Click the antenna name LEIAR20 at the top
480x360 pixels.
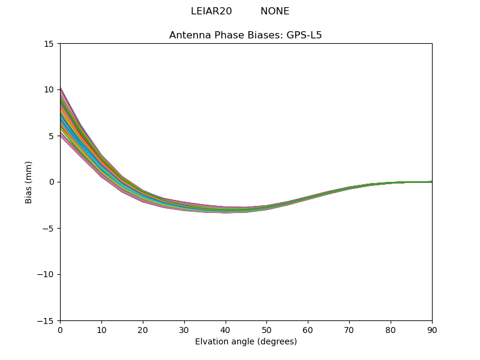pyautogui.click(x=211, y=11)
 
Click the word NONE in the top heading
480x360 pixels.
pyautogui.click(x=275, y=11)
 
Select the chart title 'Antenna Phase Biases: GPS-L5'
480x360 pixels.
pyautogui.click(x=245, y=35)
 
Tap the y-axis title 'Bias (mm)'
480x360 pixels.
pyautogui.click(x=29, y=182)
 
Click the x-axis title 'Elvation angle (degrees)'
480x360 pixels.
pyautogui.click(x=245, y=341)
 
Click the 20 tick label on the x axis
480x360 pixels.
pyautogui.click(x=143, y=329)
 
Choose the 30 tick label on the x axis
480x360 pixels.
pyautogui.click(x=184, y=329)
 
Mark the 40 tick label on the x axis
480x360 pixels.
pyautogui.click(x=225, y=329)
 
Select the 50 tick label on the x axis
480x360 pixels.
pyautogui.click(x=266, y=329)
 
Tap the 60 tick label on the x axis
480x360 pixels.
pyautogui.click(x=308, y=329)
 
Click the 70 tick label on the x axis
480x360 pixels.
pyautogui.click(x=349, y=329)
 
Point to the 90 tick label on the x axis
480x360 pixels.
pyautogui.click(x=431, y=329)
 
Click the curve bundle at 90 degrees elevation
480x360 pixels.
pyautogui.click(x=430, y=182)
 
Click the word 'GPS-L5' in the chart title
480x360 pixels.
pyautogui.click(x=305, y=35)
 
